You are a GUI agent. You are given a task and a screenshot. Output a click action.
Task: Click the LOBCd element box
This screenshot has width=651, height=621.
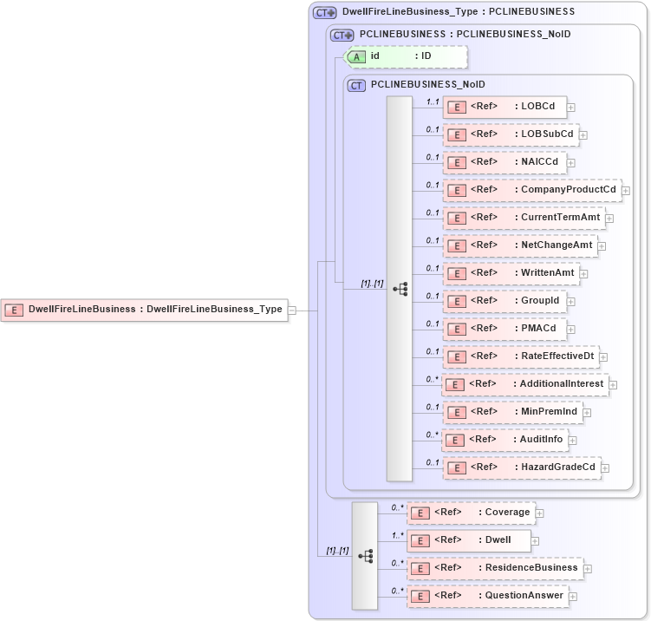505,107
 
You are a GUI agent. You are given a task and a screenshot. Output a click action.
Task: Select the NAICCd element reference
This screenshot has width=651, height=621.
505,162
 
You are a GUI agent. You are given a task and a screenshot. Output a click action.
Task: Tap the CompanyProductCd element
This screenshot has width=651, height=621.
531,190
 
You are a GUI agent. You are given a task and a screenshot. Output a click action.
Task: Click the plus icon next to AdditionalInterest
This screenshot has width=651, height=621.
613,384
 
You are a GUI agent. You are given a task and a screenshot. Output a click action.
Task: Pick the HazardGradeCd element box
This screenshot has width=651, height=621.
522,467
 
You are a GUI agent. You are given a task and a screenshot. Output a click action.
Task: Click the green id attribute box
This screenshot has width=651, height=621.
406,56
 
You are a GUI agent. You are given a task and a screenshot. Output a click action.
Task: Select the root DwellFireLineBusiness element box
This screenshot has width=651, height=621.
144,309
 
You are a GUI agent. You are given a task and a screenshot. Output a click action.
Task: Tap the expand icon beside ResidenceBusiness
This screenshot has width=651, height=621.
588,569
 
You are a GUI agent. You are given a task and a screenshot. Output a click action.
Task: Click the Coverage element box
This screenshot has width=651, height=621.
471,513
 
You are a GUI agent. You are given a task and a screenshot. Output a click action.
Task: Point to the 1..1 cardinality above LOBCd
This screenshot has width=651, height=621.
432,101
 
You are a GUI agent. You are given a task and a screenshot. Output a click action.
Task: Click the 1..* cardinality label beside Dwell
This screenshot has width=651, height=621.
398,535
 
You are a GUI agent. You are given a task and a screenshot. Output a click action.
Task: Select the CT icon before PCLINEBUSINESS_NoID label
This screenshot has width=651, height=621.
356,85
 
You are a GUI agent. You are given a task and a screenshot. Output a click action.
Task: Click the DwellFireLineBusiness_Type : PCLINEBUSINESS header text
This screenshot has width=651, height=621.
458,12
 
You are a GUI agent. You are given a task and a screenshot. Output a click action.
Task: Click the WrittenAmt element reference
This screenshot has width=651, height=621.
511,273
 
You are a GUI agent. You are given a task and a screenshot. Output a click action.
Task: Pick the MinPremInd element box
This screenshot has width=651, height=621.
512,412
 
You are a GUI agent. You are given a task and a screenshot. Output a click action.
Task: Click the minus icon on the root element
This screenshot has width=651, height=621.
292,310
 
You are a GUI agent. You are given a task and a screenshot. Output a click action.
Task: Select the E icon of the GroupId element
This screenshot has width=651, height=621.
455,302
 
